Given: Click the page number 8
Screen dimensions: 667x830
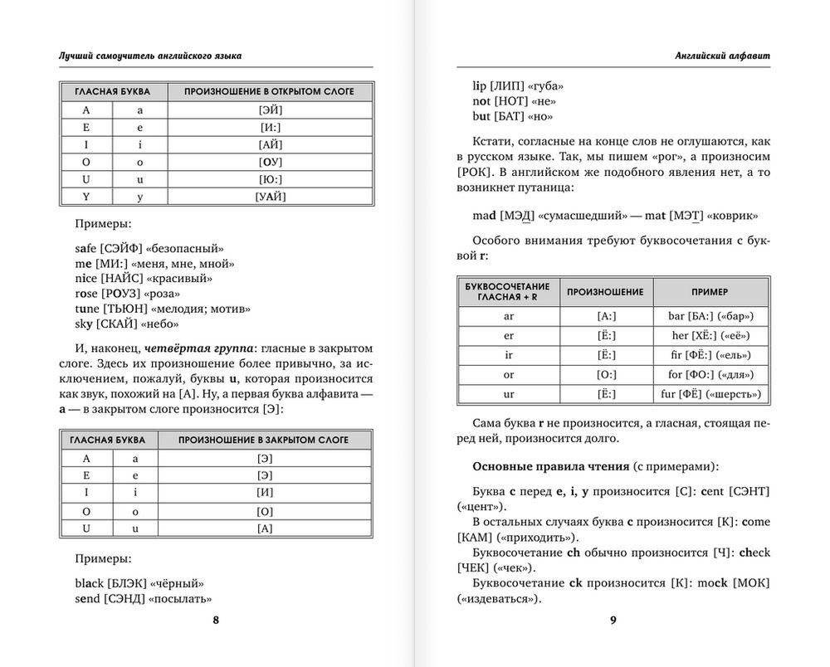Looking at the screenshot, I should tap(216, 621).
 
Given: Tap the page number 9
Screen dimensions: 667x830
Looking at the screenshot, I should tap(613, 621).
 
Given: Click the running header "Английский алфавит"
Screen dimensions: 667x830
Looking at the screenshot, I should tap(723, 56).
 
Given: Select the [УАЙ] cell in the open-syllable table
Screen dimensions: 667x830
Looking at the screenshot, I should tap(271, 197).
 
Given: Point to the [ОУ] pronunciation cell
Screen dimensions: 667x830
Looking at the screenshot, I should tap(271, 162).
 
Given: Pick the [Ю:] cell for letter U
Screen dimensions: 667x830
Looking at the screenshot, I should tap(271, 179).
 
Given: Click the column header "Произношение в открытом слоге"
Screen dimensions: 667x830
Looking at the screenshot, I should tap(269, 91).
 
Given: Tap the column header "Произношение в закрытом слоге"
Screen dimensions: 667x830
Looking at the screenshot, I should tap(263, 440).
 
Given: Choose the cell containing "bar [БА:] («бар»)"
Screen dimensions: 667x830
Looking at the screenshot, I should tap(711, 316).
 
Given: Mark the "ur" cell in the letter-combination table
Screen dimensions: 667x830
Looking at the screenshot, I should tap(509, 394).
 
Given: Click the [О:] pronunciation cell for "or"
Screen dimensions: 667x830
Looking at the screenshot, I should tap(606, 375).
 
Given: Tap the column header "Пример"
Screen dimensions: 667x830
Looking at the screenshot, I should tap(710, 292).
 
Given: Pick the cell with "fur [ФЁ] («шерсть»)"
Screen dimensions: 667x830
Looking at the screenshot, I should tap(711, 394).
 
